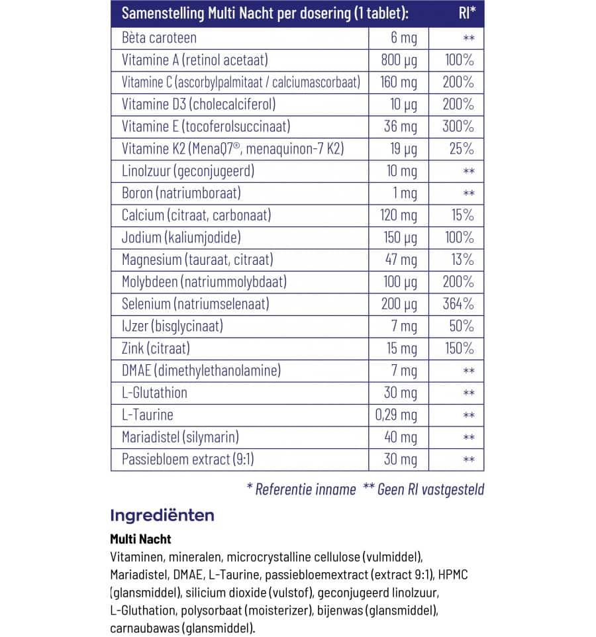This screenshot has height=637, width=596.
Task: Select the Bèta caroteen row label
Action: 159,38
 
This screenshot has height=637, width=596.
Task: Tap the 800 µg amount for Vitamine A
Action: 400,60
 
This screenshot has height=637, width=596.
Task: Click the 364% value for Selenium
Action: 459,304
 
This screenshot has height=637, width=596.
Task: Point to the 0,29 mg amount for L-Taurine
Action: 396,415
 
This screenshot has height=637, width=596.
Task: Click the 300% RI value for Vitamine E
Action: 459,126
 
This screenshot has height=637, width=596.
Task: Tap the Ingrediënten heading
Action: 162,515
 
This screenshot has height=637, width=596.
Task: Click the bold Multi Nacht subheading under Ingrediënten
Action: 140,540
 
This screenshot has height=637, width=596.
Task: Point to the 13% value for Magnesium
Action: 462,260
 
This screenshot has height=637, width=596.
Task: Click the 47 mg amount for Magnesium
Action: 401,260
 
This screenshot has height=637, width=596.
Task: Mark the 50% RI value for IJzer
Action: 461,326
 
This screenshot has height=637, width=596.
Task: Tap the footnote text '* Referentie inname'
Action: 301,489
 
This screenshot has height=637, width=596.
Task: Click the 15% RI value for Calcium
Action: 462,215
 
